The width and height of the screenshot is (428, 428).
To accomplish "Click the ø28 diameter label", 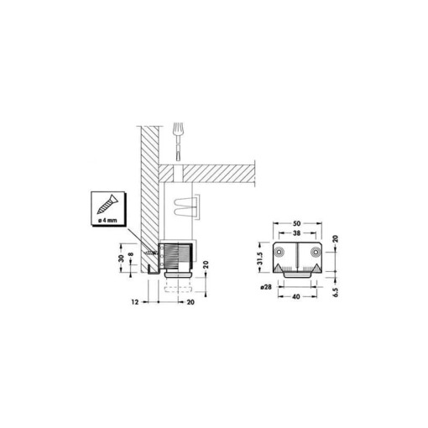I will click(264, 287).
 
